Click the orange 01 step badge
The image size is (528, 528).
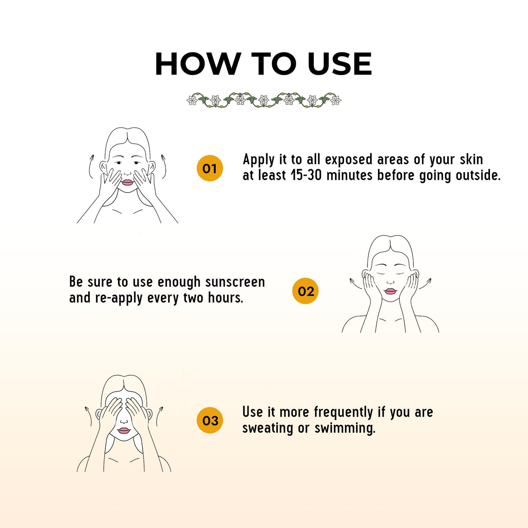pos(210,168)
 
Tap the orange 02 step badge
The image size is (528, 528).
pos(305,291)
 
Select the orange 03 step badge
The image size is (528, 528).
pos(210,420)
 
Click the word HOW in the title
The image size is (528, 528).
pos(196,64)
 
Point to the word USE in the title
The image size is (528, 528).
pos(340,64)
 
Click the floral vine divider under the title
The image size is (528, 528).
pos(264,100)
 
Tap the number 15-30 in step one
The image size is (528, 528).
pos(306,175)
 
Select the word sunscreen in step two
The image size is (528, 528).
pos(235,282)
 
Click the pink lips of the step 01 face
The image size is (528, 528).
pos(127,182)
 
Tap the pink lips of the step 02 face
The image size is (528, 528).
pos(391,291)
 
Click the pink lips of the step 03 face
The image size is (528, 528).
pos(124,431)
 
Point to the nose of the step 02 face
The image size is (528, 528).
pos(390,282)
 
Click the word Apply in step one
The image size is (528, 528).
pos(258,160)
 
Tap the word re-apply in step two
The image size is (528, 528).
pos(118,298)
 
